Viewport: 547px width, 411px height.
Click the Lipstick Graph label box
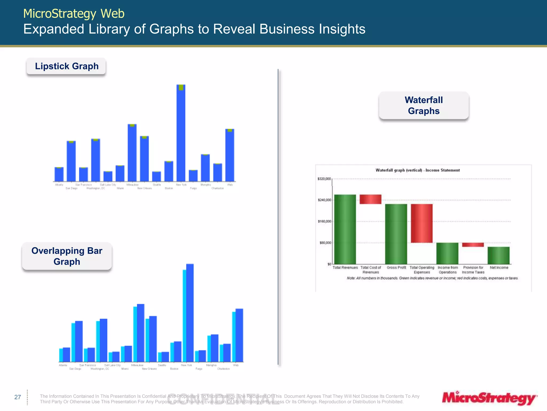click(66, 66)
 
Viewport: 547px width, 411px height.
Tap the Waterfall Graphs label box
click(424, 105)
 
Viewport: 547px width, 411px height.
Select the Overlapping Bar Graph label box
click(67, 256)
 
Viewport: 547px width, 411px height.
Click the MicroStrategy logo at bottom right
click(489, 398)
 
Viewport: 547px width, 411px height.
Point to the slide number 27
click(18, 397)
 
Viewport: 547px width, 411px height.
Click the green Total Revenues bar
click(345, 229)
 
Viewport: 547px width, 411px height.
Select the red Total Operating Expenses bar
click(421, 223)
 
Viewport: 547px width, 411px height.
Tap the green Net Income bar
click(498, 255)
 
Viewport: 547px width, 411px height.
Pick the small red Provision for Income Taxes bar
click(473, 245)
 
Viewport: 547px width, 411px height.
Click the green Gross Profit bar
click(396, 234)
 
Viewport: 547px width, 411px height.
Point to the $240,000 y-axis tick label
click(324, 200)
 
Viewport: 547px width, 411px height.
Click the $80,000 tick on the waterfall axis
click(325, 243)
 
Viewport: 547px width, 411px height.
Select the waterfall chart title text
click(417, 170)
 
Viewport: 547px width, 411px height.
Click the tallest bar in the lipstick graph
click(181, 134)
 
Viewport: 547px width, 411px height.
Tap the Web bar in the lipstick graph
click(230, 155)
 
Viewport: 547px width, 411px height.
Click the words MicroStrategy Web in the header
click(74, 13)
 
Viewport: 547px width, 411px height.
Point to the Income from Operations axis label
click(448, 270)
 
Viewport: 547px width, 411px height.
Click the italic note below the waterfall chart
click(432, 278)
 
